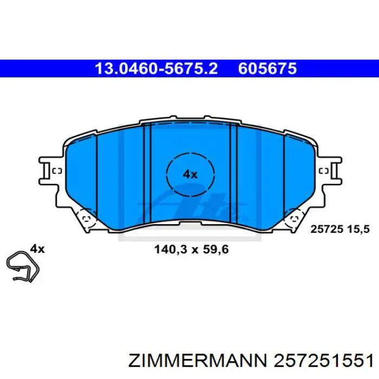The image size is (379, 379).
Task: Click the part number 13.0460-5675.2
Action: click(x=156, y=69)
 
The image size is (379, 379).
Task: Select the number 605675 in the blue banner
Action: click(x=267, y=69)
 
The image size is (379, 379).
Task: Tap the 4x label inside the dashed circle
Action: click(x=190, y=174)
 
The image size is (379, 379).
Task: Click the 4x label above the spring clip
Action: click(x=37, y=249)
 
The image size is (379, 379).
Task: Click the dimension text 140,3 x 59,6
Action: click(x=192, y=249)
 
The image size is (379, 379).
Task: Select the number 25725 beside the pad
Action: click(x=327, y=229)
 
